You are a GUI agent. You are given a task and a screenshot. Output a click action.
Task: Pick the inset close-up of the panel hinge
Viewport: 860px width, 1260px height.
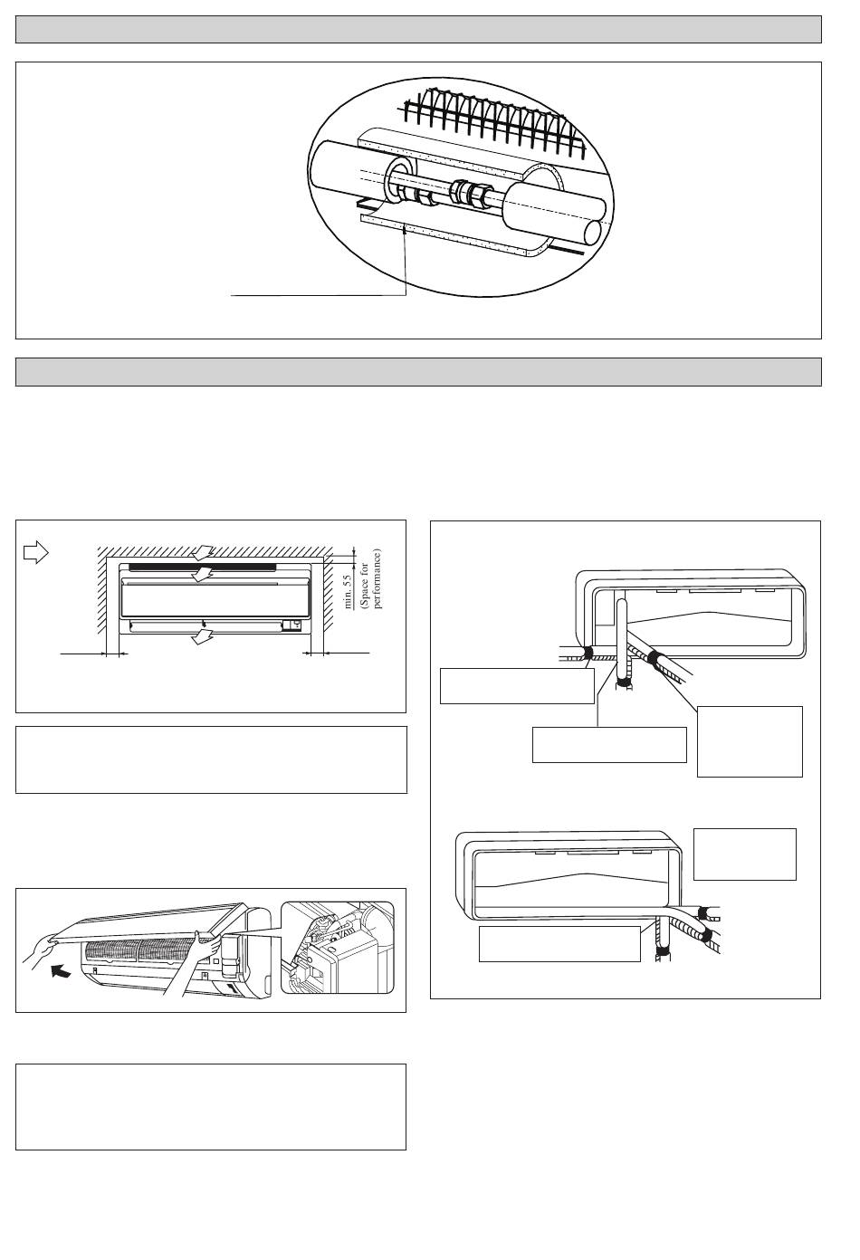click(x=338, y=948)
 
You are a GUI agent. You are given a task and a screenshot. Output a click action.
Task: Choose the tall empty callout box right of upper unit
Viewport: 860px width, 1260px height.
click(x=750, y=741)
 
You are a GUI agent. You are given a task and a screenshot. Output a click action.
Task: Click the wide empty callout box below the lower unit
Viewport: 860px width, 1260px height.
click(x=559, y=943)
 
